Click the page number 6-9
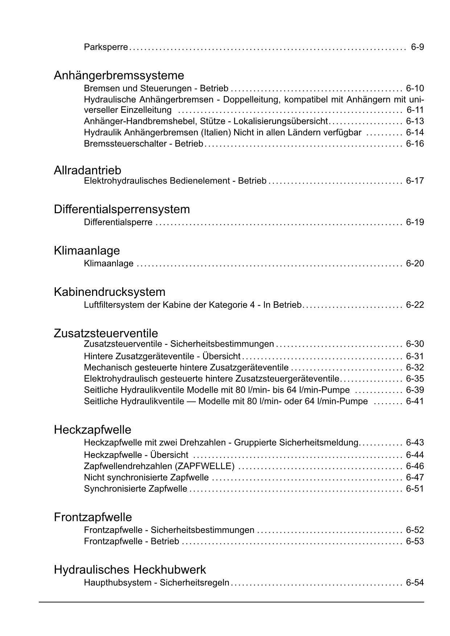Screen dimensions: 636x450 point(417,47)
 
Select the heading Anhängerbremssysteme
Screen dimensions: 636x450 point(119,75)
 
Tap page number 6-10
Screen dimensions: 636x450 point(415,88)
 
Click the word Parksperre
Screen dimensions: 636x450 point(106,47)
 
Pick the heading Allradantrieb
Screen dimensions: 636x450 point(87,170)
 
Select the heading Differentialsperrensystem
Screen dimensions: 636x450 point(122,209)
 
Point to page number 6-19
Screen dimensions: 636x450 point(415,222)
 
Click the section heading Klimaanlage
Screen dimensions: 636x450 point(87,251)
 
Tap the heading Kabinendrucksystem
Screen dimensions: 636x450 point(110,292)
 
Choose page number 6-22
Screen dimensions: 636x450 point(415,305)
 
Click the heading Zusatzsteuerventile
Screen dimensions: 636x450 point(106,333)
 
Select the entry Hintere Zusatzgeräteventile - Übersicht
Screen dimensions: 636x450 point(162,356)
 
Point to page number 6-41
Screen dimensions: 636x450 point(415,401)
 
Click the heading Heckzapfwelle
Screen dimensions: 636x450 point(92,430)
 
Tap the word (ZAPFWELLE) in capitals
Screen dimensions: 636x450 point(205,466)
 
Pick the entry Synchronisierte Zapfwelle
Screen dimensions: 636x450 point(135,489)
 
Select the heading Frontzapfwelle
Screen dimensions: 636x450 point(93,517)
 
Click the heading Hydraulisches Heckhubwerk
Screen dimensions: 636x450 point(130,570)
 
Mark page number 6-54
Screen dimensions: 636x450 point(415,583)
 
